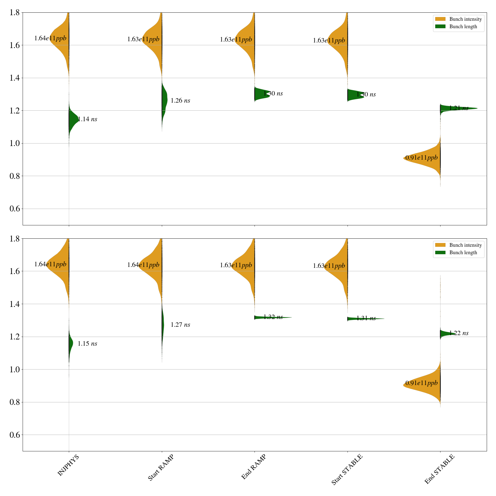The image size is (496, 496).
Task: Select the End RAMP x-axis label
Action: pos(254,467)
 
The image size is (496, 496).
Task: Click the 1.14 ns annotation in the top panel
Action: pos(87,119)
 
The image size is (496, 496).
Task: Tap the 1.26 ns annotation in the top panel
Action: pos(180,101)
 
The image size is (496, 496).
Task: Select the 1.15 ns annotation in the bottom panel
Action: pos(87,344)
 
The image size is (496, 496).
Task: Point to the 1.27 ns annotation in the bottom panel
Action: pos(180,325)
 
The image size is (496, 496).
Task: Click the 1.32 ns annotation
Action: pos(273,317)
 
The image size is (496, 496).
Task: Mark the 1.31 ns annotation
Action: pos(366,318)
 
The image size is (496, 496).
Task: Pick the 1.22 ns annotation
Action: pos(459,333)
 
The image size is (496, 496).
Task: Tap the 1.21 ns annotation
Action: pos(459,108)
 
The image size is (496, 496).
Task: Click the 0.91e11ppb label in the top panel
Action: pos(422,158)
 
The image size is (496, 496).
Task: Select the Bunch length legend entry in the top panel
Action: pos(463,27)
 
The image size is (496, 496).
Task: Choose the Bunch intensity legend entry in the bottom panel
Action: pos(465,245)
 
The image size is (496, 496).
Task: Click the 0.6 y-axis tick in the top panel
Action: pos(15,209)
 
